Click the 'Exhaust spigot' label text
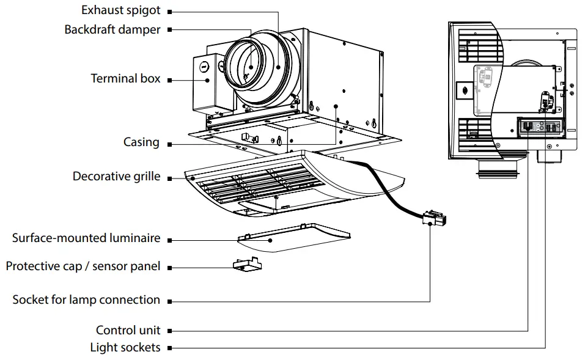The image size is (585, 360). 120,11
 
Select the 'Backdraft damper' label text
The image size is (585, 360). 112,29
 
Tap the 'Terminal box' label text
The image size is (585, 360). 125,79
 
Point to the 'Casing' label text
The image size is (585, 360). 141,142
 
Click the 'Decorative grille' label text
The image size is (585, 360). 116,177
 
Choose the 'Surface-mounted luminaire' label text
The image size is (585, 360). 86,238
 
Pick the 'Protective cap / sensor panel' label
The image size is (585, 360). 83,266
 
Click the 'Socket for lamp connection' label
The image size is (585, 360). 86,300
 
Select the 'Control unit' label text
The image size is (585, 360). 128,331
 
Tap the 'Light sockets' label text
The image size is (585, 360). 125,348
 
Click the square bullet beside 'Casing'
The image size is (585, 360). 169,144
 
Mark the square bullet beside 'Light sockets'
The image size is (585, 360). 169,348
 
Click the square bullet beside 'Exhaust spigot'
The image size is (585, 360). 169,12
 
